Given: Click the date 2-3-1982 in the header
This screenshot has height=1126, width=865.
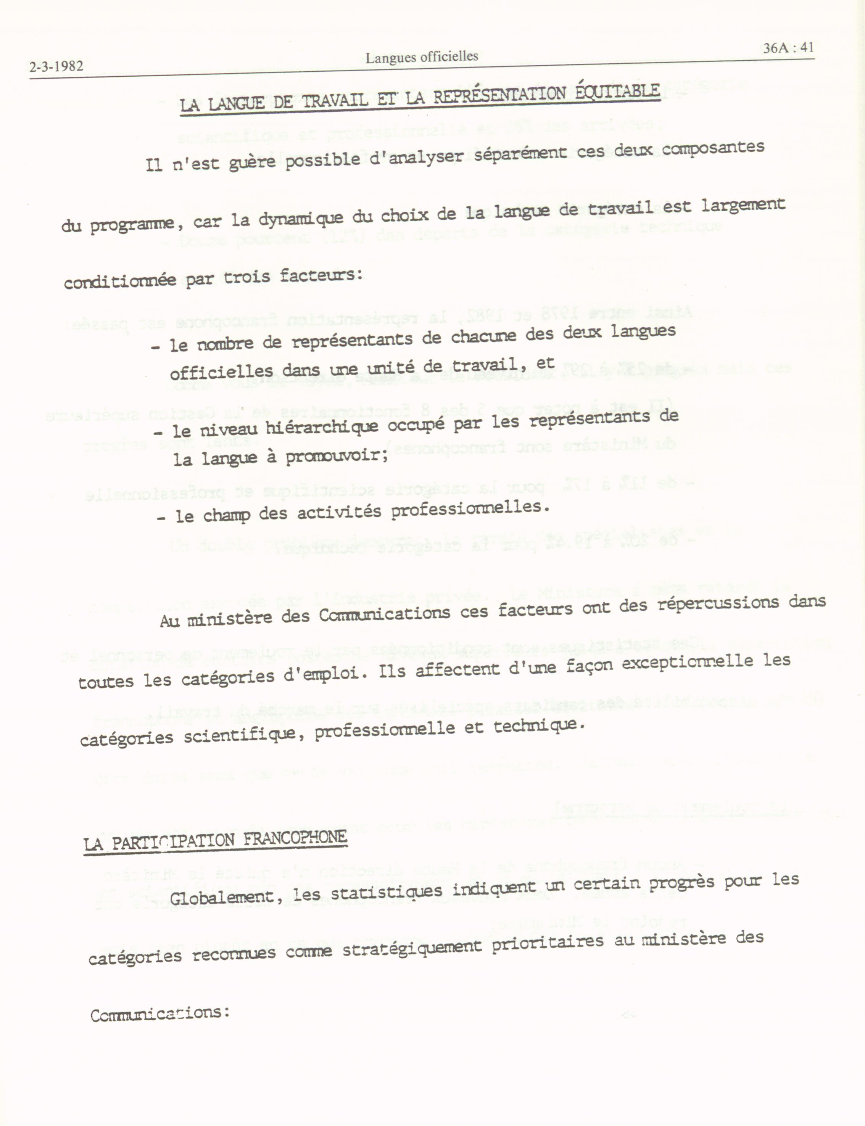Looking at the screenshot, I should click(x=56, y=67).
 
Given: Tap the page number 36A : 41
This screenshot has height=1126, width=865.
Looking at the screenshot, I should click(x=788, y=48).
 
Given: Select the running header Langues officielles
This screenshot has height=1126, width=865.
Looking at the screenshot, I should click(x=422, y=57).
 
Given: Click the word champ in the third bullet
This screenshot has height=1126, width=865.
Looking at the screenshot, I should click(x=227, y=515).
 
